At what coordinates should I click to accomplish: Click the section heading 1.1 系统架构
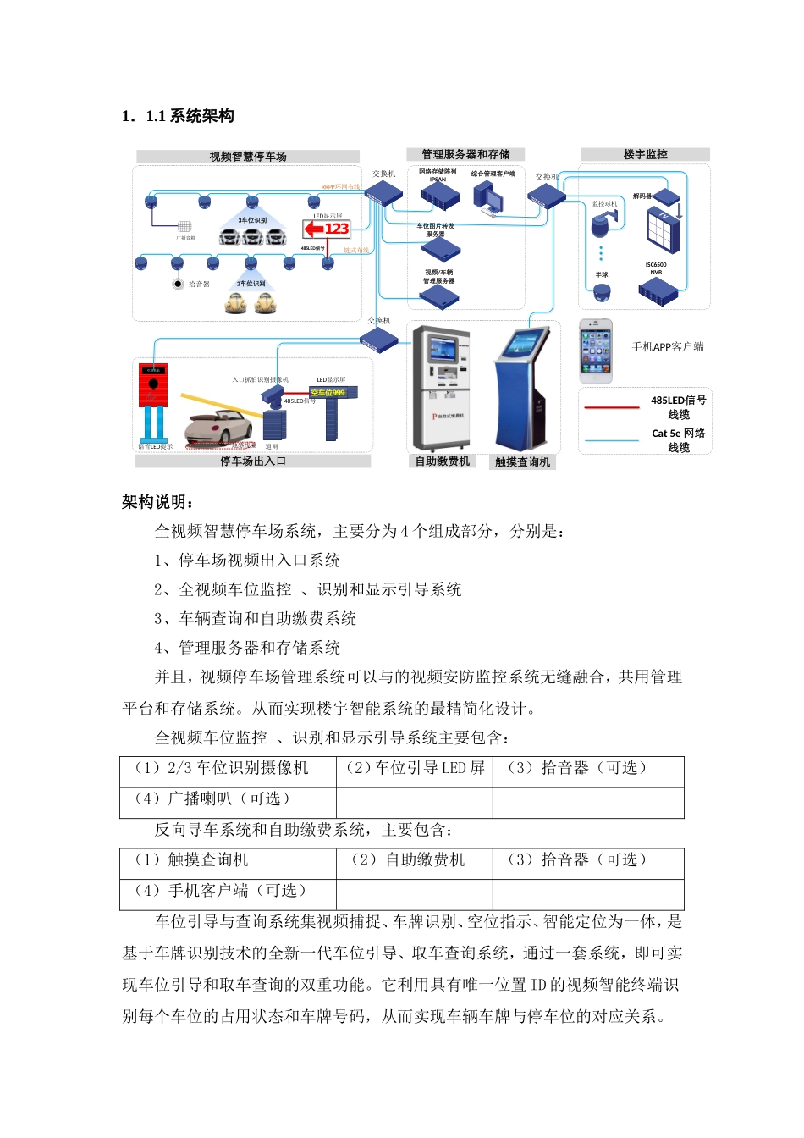[x=178, y=116]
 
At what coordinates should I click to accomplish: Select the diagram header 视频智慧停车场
[x=248, y=157]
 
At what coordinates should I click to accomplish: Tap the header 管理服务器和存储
[x=465, y=154]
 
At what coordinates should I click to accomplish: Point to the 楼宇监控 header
[x=645, y=154]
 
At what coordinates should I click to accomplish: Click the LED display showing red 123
[x=327, y=229]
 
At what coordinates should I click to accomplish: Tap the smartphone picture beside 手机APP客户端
[x=596, y=350]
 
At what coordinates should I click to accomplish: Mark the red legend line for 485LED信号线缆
[x=612, y=408]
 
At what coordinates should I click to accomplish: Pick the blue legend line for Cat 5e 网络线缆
[x=612, y=440]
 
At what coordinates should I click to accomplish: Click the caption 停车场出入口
[x=253, y=461]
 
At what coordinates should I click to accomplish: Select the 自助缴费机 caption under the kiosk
[x=442, y=461]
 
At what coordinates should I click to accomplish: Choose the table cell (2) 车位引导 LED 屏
[x=415, y=768]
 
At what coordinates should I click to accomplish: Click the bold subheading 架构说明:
[x=158, y=502]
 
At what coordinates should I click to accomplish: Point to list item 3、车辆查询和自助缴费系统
[x=255, y=619]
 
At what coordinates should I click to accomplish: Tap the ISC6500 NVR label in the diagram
[x=656, y=268]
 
